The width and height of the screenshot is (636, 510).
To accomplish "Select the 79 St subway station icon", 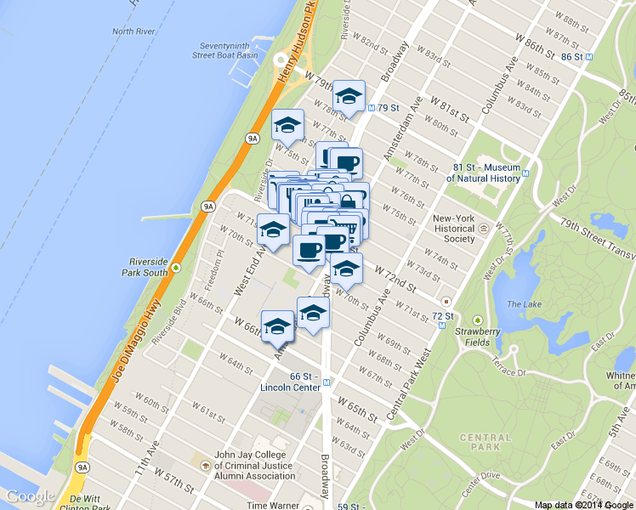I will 372,108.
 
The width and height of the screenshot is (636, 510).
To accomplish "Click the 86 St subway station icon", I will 590,57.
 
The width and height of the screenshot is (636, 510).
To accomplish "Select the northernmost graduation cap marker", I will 348,95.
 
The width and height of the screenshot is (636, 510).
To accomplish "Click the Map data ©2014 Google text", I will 584,504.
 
